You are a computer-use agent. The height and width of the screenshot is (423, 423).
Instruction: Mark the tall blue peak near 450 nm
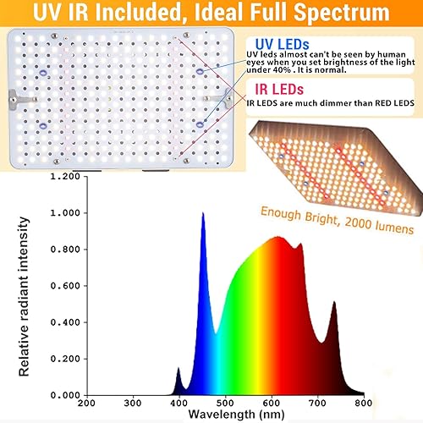(203, 216)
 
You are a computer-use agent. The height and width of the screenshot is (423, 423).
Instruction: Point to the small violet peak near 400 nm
(179, 370)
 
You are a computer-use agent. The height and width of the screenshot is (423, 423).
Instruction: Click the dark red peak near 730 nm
(333, 304)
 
